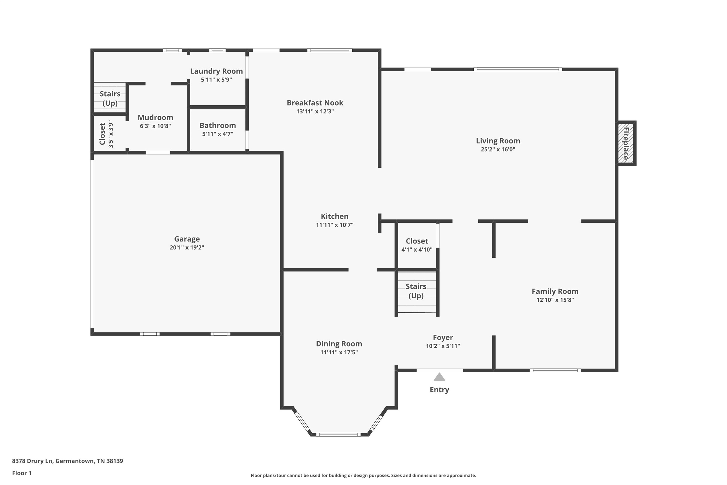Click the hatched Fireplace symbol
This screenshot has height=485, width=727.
[x=626, y=143]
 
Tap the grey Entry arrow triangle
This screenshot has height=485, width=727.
[x=439, y=377]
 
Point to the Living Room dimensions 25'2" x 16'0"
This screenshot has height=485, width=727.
[x=498, y=149]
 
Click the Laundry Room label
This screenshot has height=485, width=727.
[x=216, y=71]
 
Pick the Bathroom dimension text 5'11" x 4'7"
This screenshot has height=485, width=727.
[x=218, y=134]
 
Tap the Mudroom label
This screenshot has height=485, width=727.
[x=155, y=117]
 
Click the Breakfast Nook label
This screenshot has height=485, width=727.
[x=315, y=103]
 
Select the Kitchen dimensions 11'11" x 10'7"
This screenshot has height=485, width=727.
[x=334, y=225]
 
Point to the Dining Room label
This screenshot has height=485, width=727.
[x=339, y=344]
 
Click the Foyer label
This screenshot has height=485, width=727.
[x=443, y=337]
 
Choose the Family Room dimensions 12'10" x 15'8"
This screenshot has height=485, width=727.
[x=555, y=300]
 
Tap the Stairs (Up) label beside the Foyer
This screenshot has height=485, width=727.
[x=416, y=291]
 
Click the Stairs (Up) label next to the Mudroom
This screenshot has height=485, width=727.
[x=110, y=98]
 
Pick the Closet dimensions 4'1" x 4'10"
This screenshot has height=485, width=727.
[x=417, y=250]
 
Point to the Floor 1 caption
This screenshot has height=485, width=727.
[x=22, y=473]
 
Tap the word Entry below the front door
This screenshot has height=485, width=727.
[x=439, y=390]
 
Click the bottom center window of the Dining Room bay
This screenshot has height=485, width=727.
[x=338, y=435]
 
